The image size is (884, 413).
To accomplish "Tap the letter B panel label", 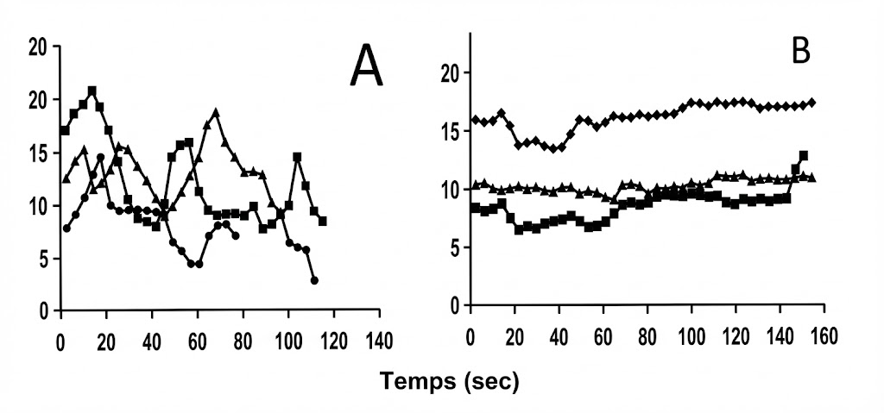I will (801, 53).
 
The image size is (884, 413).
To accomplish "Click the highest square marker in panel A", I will (92, 91).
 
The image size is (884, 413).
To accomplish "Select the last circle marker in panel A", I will (314, 280).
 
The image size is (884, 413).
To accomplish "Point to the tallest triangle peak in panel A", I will (216, 112).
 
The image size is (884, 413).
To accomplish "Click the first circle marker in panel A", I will (66, 228).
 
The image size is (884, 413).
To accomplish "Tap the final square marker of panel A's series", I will (322, 222).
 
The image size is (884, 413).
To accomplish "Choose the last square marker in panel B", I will (804, 156).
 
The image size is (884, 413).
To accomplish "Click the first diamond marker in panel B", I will (473, 120).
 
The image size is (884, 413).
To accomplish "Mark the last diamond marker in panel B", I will (812, 103).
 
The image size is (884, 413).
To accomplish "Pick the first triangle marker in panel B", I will (473, 185).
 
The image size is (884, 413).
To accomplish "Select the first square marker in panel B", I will (473, 208).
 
